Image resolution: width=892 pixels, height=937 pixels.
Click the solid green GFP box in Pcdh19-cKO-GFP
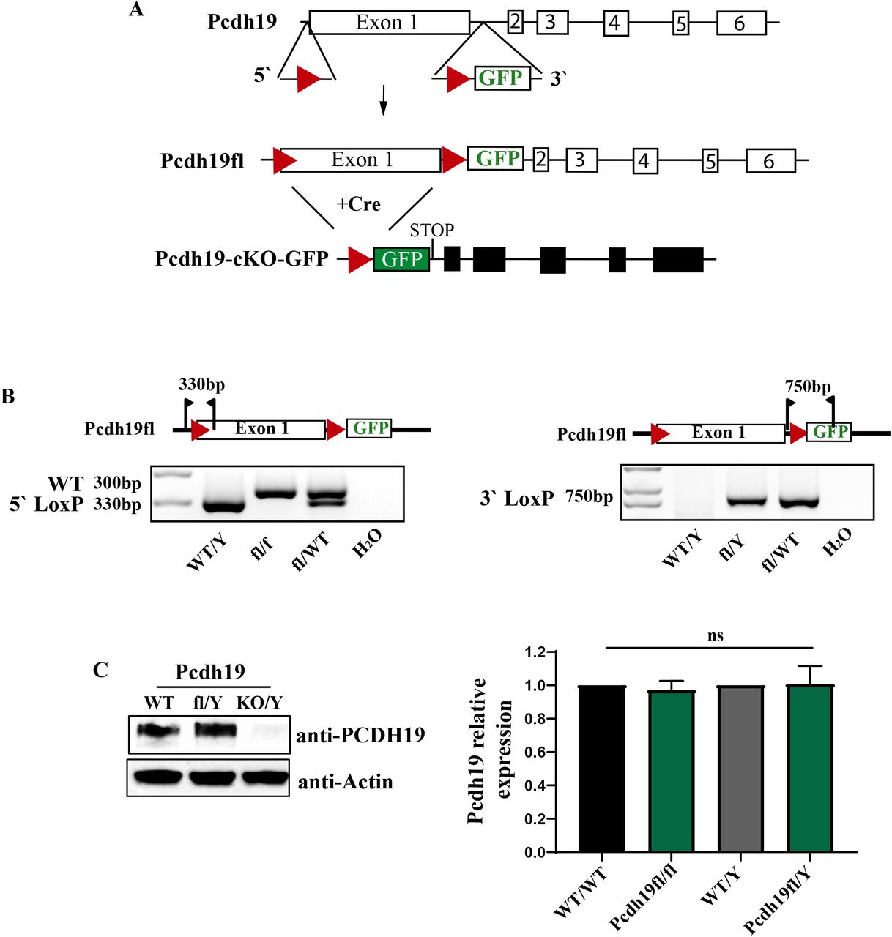[x=401, y=259]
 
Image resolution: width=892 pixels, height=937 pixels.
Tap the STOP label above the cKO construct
[x=431, y=231]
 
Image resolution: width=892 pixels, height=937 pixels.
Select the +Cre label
[x=358, y=204]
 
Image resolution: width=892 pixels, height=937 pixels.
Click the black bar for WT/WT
[x=602, y=769]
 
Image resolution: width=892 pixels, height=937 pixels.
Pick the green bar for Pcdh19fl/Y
[x=810, y=769]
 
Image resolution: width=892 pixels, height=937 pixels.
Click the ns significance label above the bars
[x=716, y=635]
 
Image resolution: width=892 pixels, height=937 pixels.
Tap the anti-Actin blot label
[x=345, y=782]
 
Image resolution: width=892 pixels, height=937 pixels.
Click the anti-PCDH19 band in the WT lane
[x=158, y=731]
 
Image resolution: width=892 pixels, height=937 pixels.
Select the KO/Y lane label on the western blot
[x=259, y=703]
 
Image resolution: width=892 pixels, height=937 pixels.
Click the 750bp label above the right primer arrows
[x=808, y=386]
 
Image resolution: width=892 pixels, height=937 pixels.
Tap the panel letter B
[x=8, y=397]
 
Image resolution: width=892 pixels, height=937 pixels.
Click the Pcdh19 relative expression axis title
[x=490, y=750]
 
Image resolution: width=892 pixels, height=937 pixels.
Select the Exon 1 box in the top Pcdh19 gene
[x=389, y=23]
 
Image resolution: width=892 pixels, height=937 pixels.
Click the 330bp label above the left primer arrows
[x=201, y=384]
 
